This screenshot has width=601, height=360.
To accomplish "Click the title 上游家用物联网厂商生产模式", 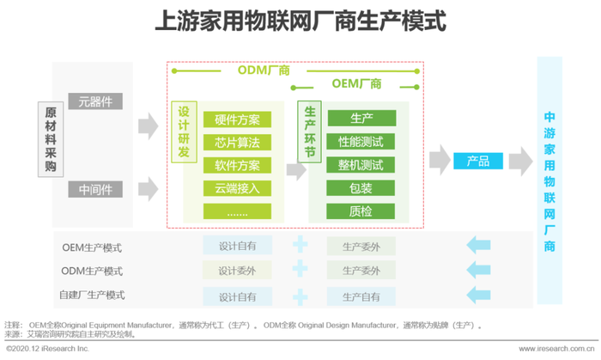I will coord(300,21).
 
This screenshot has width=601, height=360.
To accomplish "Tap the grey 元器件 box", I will coord(95,101).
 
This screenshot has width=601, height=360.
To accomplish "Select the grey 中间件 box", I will coord(95,188).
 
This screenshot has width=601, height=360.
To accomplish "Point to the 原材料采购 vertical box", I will coord(50,138).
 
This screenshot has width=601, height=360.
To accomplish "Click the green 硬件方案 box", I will coord(238,119).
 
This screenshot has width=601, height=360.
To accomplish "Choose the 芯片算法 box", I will coord(238,142).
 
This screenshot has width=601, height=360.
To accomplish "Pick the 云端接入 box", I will coord(238,188).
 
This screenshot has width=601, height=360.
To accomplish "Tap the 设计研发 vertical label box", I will coord(184,132).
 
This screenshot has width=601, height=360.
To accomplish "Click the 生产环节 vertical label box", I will coord(309,132).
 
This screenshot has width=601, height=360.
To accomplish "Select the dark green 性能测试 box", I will coord(361,142).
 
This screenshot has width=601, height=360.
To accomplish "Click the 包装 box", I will coord(361,188).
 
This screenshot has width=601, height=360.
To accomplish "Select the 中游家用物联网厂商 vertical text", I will coord(549,180).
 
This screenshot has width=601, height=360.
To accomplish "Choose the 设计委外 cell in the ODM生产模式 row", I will coord(238,271).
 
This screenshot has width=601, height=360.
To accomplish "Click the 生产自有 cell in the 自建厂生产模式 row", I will coord(361,296).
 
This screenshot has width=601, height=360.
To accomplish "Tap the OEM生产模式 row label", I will coord(92,247).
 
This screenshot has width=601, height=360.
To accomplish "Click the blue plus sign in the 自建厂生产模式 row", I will coord(300,296).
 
